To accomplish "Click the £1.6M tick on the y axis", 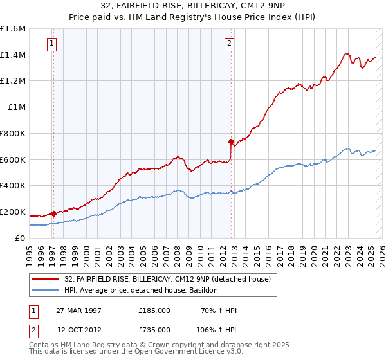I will [13, 29].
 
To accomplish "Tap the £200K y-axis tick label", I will [13, 212].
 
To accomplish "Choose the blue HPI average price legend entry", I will [141, 291].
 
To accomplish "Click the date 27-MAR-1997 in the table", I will [79, 310].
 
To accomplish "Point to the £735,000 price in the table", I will [154, 330].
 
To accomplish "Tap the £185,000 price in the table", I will [154, 310].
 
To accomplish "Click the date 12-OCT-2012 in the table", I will [79, 330].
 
